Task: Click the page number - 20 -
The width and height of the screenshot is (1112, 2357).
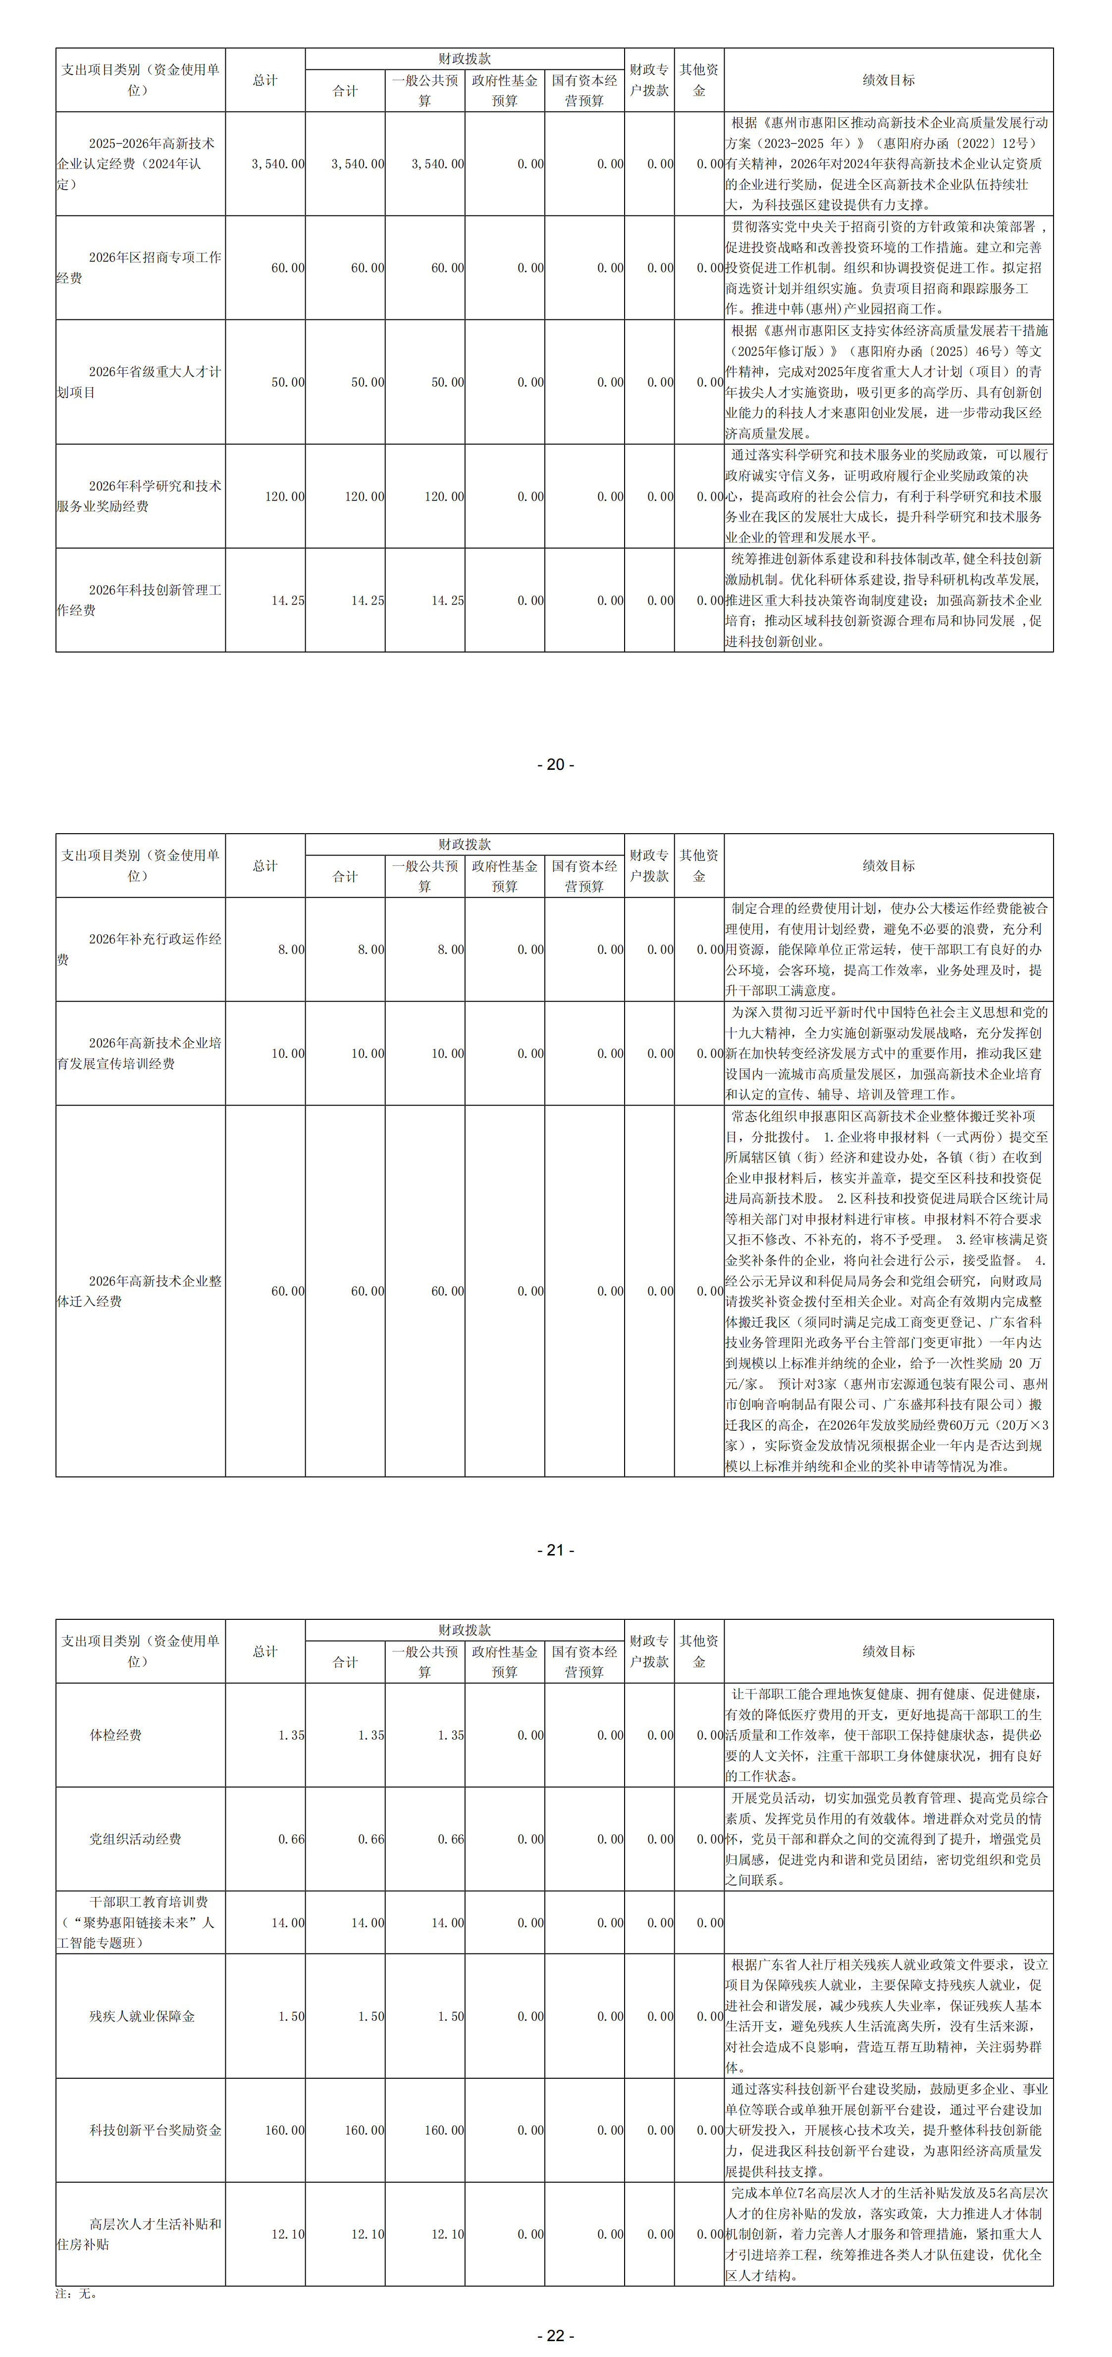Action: [556, 764]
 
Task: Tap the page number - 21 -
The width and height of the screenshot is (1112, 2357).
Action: [556, 1550]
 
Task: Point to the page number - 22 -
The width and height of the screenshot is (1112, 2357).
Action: [556, 2335]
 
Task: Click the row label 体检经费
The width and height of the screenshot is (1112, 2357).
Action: [115, 1735]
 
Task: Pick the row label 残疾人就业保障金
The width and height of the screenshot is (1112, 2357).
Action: [142, 2016]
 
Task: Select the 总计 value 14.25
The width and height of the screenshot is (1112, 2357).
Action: [287, 600]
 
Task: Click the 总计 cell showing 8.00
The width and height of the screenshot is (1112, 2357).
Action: [291, 950]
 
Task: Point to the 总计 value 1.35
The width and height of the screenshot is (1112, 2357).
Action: [291, 1735]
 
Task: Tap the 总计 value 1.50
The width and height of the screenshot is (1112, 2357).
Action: [291, 2016]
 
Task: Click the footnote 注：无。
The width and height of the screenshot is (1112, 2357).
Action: [76, 2294]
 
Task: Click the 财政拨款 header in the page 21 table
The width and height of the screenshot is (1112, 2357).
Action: [464, 844]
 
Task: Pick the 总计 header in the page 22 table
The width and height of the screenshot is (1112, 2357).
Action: [265, 1652]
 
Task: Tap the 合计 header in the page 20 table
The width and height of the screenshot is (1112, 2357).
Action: [345, 91]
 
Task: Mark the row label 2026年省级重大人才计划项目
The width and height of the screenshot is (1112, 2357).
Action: [139, 382]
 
